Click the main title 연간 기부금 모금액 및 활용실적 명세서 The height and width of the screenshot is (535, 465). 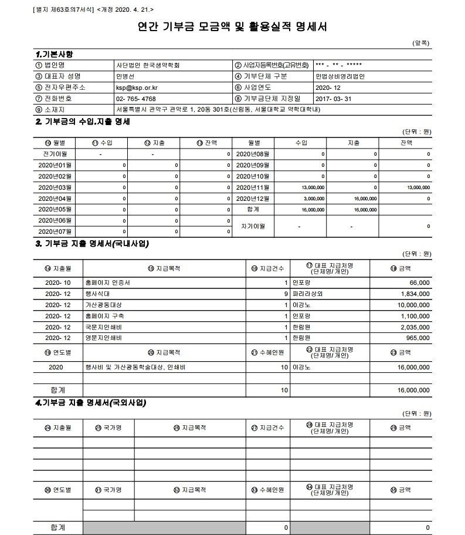pos(232,27)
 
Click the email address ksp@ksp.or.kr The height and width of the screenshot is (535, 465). pos(137,87)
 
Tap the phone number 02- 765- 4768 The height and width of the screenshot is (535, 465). pos(136,98)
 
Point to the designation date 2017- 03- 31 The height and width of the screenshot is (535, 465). pos(332,98)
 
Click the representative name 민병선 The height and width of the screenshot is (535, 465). pos(125,76)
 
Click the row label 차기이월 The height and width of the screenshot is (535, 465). pos(253,226)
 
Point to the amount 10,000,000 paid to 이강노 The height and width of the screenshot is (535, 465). pos(413,305)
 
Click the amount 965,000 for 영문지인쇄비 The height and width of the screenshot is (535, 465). pos(417,338)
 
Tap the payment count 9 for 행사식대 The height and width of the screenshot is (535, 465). pos(286,294)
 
